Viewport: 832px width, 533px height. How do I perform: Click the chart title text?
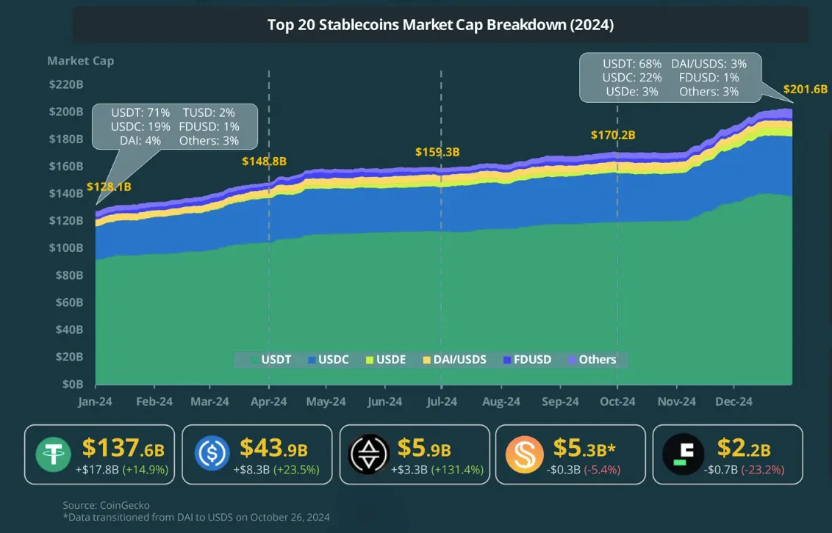click(x=440, y=25)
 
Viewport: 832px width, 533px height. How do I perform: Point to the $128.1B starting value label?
click(x=109, y=186)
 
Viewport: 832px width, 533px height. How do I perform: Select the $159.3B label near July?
click(x=437, y=152)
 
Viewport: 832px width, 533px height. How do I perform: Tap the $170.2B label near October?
click(x=612, y=135)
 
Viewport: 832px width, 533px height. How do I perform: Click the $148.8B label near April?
click(x=265, y=161)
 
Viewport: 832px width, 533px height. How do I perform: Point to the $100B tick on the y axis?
click(x=65, y=248)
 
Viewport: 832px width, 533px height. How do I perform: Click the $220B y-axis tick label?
click(x=65, y=84)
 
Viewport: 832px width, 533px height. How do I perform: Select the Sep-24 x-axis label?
click(x=560, y=402)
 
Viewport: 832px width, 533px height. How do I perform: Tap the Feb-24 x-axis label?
click(x=154, y=402)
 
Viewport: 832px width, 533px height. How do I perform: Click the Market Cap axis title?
click(x=80, y=61)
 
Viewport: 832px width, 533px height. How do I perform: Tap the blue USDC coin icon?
click(x=212, y=454)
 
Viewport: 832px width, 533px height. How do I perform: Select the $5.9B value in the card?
click(x=424, y=449)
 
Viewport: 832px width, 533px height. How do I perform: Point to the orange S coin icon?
click(x=525, y=454)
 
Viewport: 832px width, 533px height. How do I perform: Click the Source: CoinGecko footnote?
click(x=106, y=505)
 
